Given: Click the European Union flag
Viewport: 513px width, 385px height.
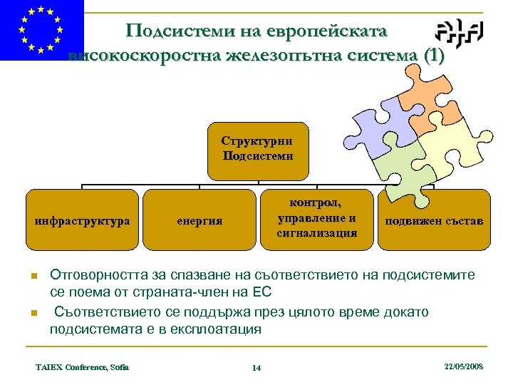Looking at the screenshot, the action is coord(41,30).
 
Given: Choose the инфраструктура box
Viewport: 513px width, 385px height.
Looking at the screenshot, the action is coord(83,220).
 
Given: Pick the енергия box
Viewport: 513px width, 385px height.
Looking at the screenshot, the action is coord(199,220).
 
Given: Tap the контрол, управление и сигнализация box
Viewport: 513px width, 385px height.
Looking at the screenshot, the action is coord(316,220).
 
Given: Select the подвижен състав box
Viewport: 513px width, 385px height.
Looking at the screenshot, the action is coord(434,220).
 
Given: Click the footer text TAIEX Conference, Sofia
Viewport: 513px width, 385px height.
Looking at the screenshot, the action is coord(82,366).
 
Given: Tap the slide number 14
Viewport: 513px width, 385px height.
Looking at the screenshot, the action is coord(256,367).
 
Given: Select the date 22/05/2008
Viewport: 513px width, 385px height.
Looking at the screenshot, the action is coord(463,366).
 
